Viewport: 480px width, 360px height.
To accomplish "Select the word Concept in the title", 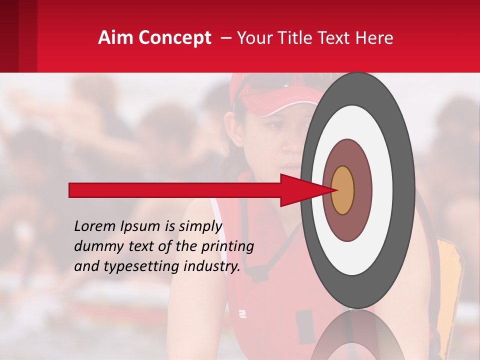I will click(175, 38).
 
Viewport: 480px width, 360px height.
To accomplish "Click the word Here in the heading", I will click(375, 38).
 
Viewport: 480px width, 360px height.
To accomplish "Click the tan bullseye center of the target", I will click(343, 190).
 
